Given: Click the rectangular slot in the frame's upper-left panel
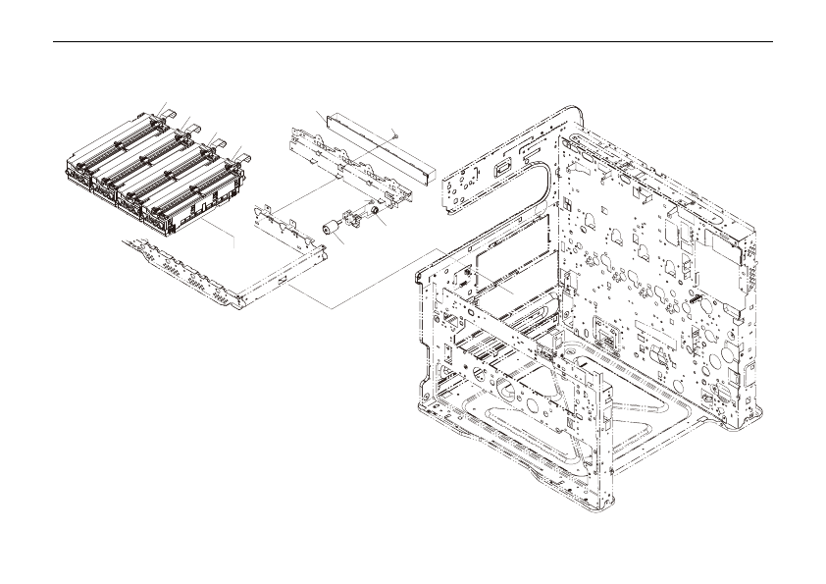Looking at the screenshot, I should point(503,167).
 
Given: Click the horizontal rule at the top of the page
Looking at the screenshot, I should point(412,42).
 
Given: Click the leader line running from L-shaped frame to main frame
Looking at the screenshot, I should point(383,280).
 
